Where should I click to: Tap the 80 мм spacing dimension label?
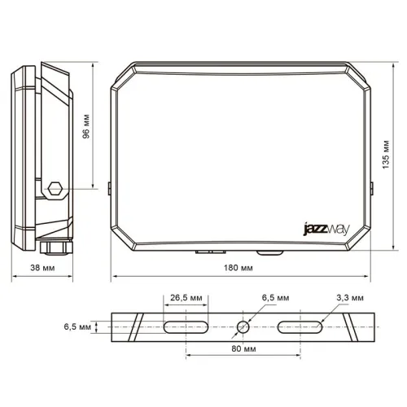(x=243, y=348)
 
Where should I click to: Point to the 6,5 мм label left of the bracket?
(x=78, y=326)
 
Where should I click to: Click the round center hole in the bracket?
(x=243, y=327)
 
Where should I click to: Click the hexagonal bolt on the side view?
(x=55, y=189)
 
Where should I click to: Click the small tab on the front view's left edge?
(x=109, y=188)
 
